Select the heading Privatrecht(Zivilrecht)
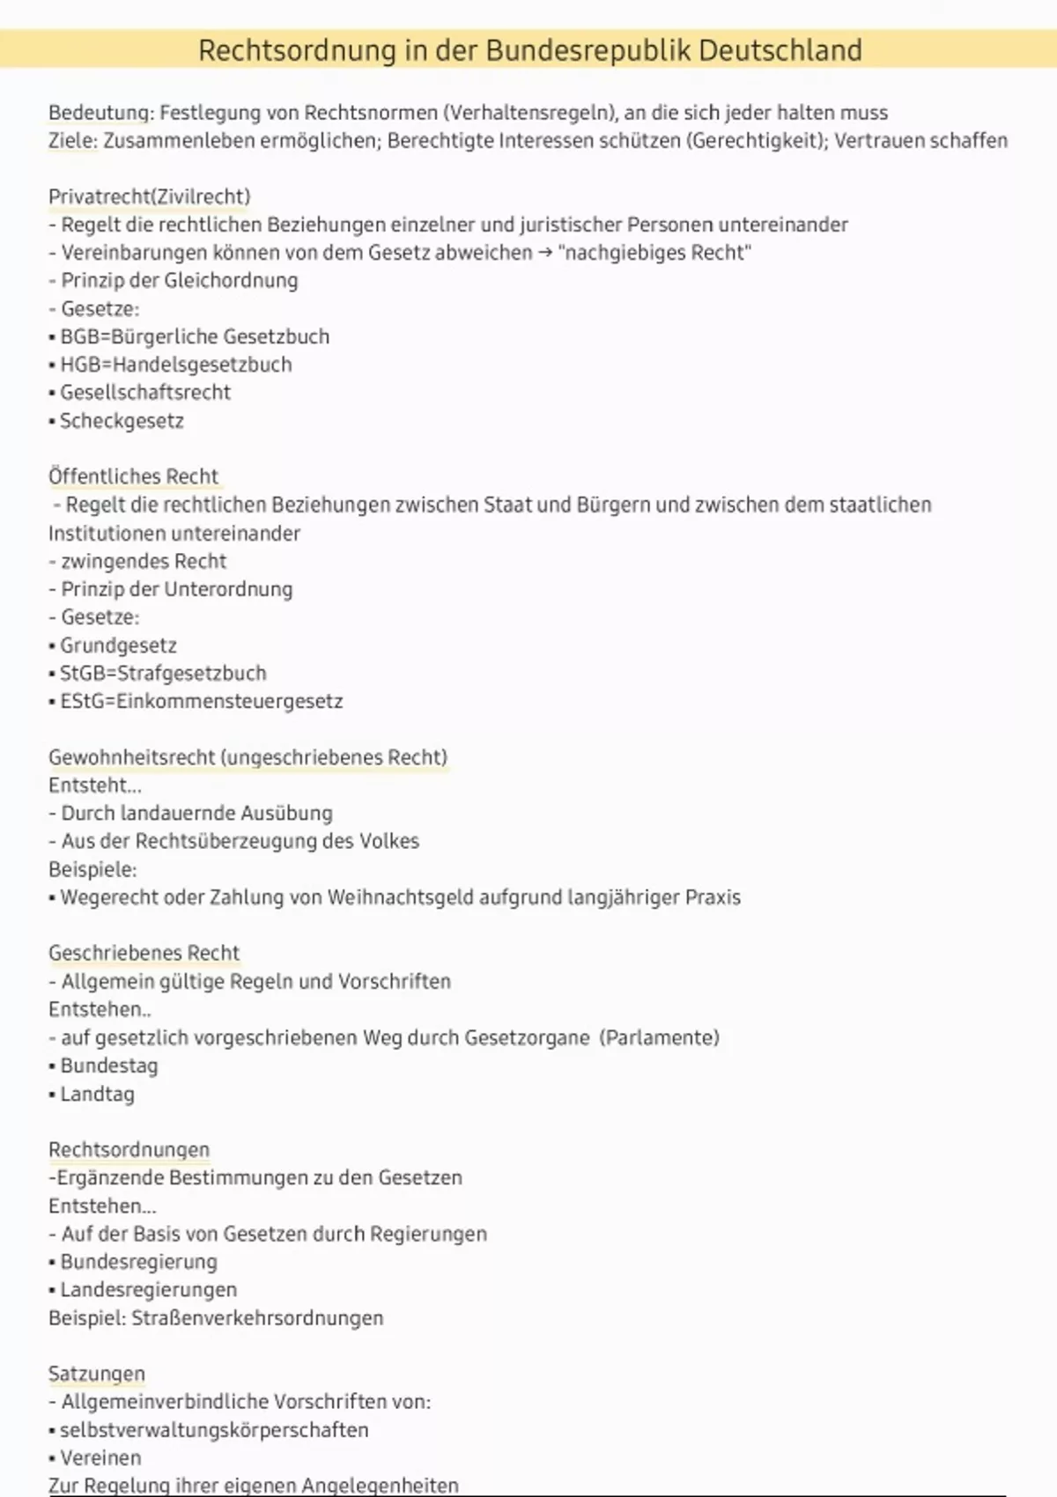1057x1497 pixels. click(x=149, y=196)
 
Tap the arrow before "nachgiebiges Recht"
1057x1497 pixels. click(x=545, y=253)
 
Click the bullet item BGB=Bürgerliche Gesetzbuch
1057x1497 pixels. click(x=194, y=336)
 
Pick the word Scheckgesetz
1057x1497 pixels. click(x=122, y=421)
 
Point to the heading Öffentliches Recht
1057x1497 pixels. click(x=133, y=476)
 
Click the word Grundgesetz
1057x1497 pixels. click(x=118, y=645)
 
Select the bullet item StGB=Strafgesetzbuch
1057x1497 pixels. click(x=162, y=674)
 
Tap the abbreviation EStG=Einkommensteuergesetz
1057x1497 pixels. click(x=201, y=702)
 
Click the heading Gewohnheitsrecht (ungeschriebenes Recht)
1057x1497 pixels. click(x=248, y=757)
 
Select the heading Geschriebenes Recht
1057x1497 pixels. click(x=144, y=953)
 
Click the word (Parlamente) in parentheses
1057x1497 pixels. click(x=659, y=1037)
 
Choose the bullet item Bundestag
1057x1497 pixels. click(x=108, y=1066)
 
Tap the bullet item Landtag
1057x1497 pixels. click(x=97, y=1094)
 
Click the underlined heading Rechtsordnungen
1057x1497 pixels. click(x=129, y=1149)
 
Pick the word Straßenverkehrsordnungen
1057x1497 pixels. click(x=257, y=1318)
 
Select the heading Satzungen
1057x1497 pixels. click(x=97, y=1374)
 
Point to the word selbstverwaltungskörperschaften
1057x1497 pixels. click(x=214, y=1430)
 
